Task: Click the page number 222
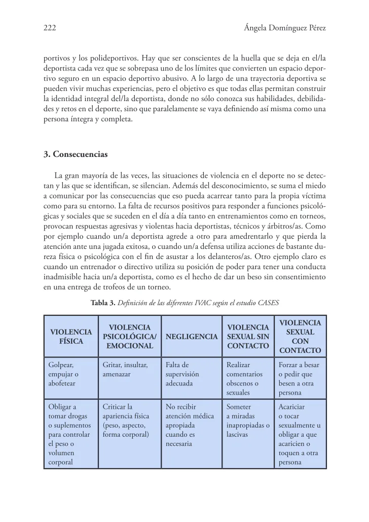49,29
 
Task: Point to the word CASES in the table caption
267,303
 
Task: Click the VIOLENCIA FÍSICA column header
71,336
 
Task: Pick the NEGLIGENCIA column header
192,336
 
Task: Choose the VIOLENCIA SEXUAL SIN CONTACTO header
248,336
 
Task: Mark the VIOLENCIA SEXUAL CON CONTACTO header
300,336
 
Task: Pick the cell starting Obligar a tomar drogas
69,435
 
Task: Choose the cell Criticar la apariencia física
126,421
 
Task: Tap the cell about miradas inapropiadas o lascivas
247,421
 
